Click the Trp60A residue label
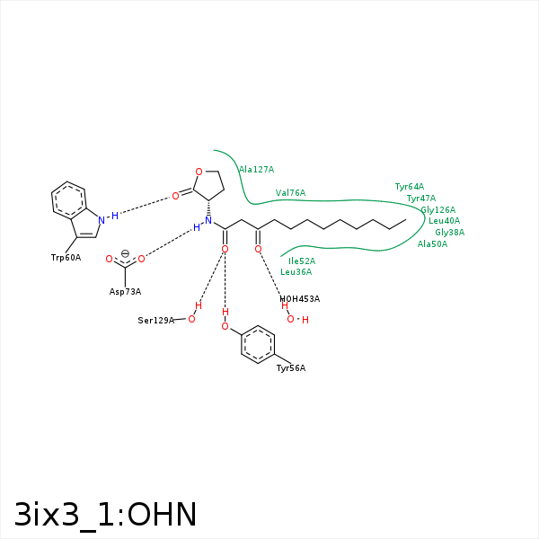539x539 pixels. [66, 258]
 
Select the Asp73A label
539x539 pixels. [125, 291]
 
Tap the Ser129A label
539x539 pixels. [155, 321]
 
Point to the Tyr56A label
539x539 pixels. [290, 368]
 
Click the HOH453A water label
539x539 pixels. [299, 299]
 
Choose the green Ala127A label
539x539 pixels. [256, 170]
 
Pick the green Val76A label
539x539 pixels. [290, 193]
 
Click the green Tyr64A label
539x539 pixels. [409, 187]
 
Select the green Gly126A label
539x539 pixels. [437, 210]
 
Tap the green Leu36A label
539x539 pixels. [296, 272]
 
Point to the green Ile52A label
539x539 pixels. [302, 261]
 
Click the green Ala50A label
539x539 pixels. [432, 244]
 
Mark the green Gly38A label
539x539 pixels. [449, 233]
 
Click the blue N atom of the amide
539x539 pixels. [208, 220]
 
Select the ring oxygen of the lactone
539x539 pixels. [199, 172]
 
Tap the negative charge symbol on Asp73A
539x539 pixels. [125, 253]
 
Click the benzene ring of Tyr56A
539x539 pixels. [258, 344]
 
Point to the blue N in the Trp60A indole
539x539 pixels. [102, 219]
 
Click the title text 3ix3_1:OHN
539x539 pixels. [105, 515]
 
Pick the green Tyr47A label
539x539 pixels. [420, 199]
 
